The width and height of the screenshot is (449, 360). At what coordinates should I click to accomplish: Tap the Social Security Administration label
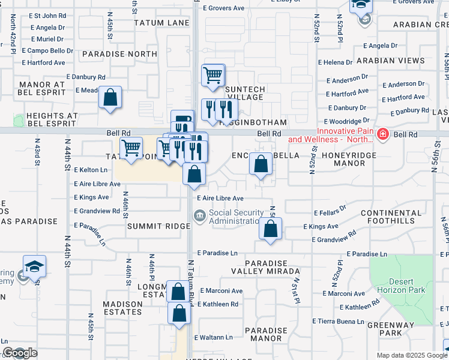(237, 217)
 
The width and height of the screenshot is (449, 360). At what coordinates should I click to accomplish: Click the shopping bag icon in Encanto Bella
(261, 164)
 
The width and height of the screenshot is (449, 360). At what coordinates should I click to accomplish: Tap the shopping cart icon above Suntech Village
(213, 76)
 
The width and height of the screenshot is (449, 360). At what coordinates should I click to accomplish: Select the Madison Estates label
(122, 308)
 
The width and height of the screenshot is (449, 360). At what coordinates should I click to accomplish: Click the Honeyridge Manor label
(348, 159)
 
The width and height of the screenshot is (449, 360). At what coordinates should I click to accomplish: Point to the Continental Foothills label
(391, 217)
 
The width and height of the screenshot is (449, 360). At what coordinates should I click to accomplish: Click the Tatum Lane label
(161, 23)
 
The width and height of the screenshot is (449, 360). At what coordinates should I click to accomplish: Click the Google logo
(20, 353)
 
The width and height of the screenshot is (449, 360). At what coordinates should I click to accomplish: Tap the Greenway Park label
(393, 329)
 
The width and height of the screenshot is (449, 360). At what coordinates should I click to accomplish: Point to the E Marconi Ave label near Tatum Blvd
(221, 291)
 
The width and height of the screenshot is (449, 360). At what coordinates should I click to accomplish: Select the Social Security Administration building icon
(199, 215)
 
